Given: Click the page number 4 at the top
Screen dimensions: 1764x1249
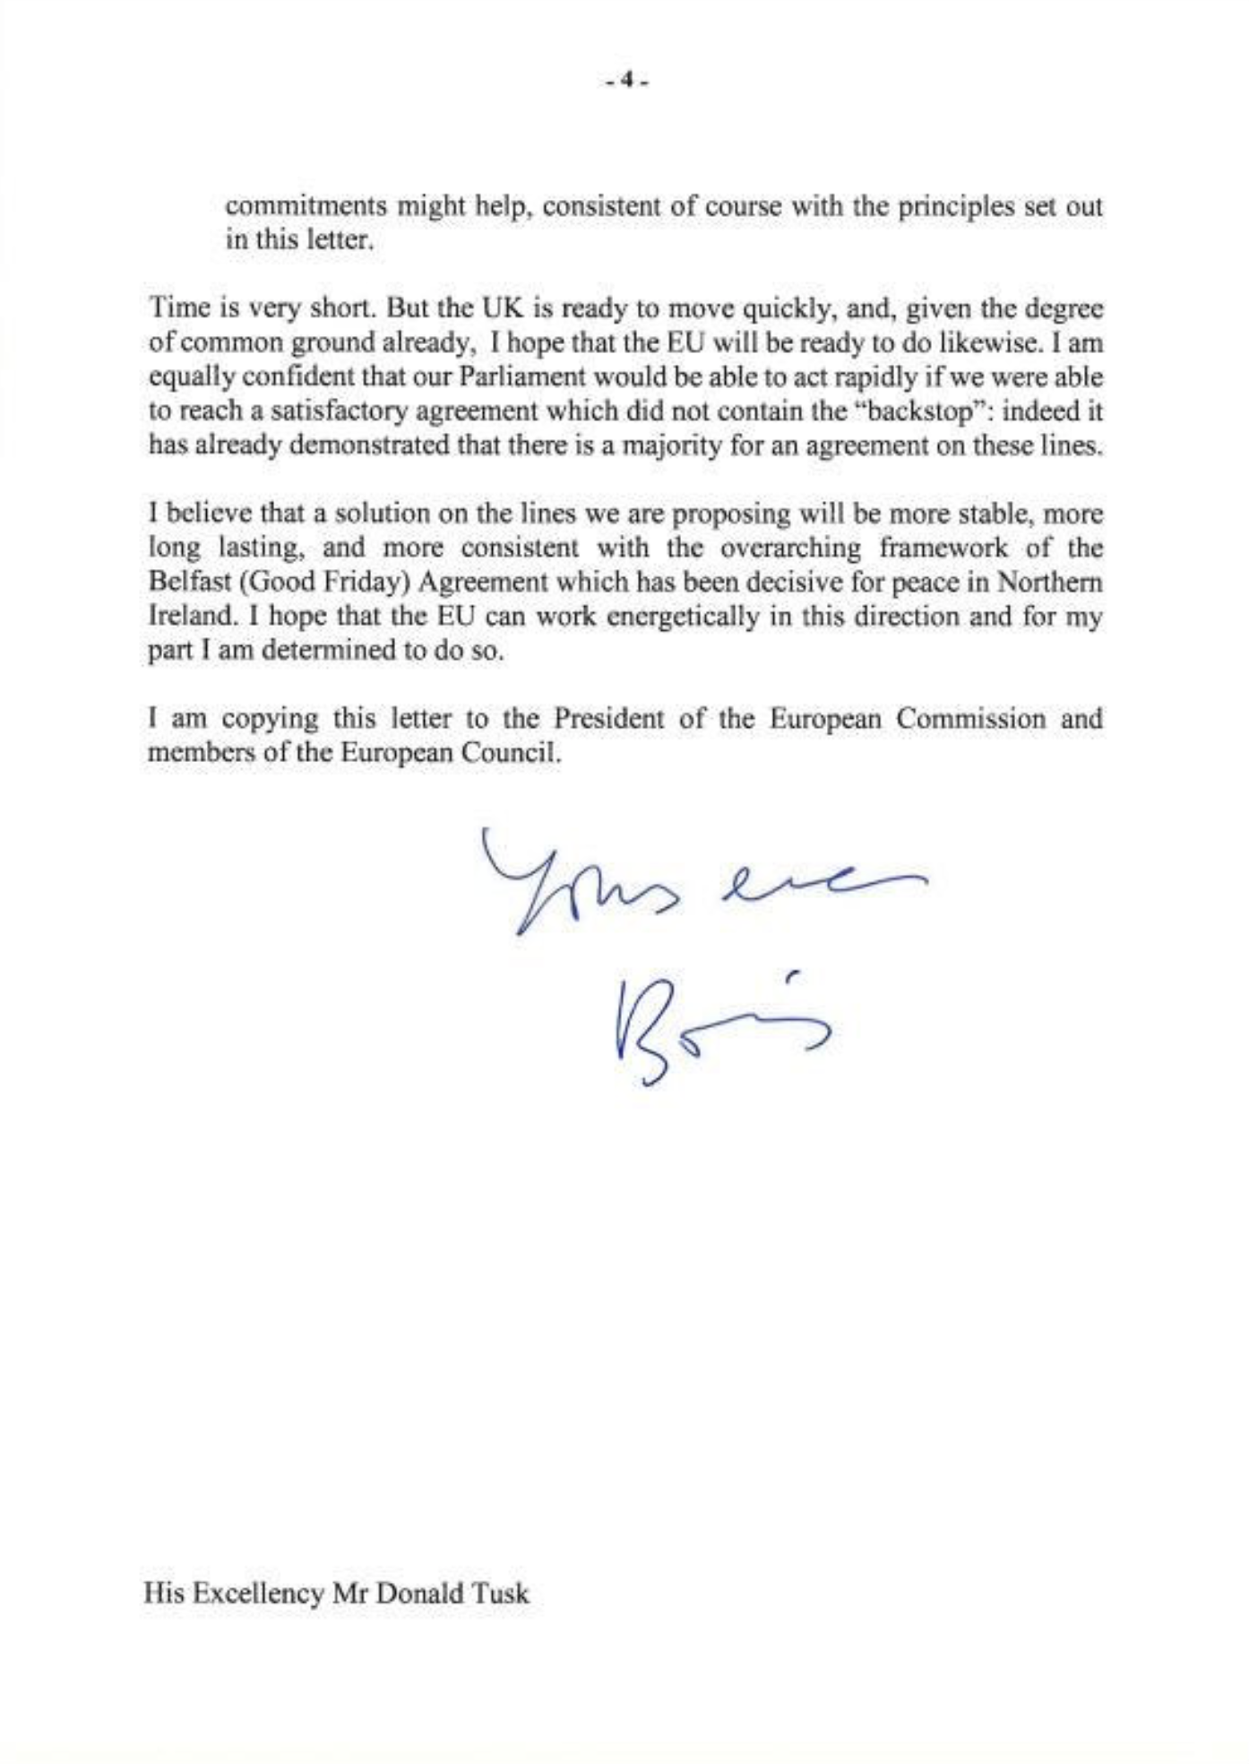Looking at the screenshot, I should [626, 81].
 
